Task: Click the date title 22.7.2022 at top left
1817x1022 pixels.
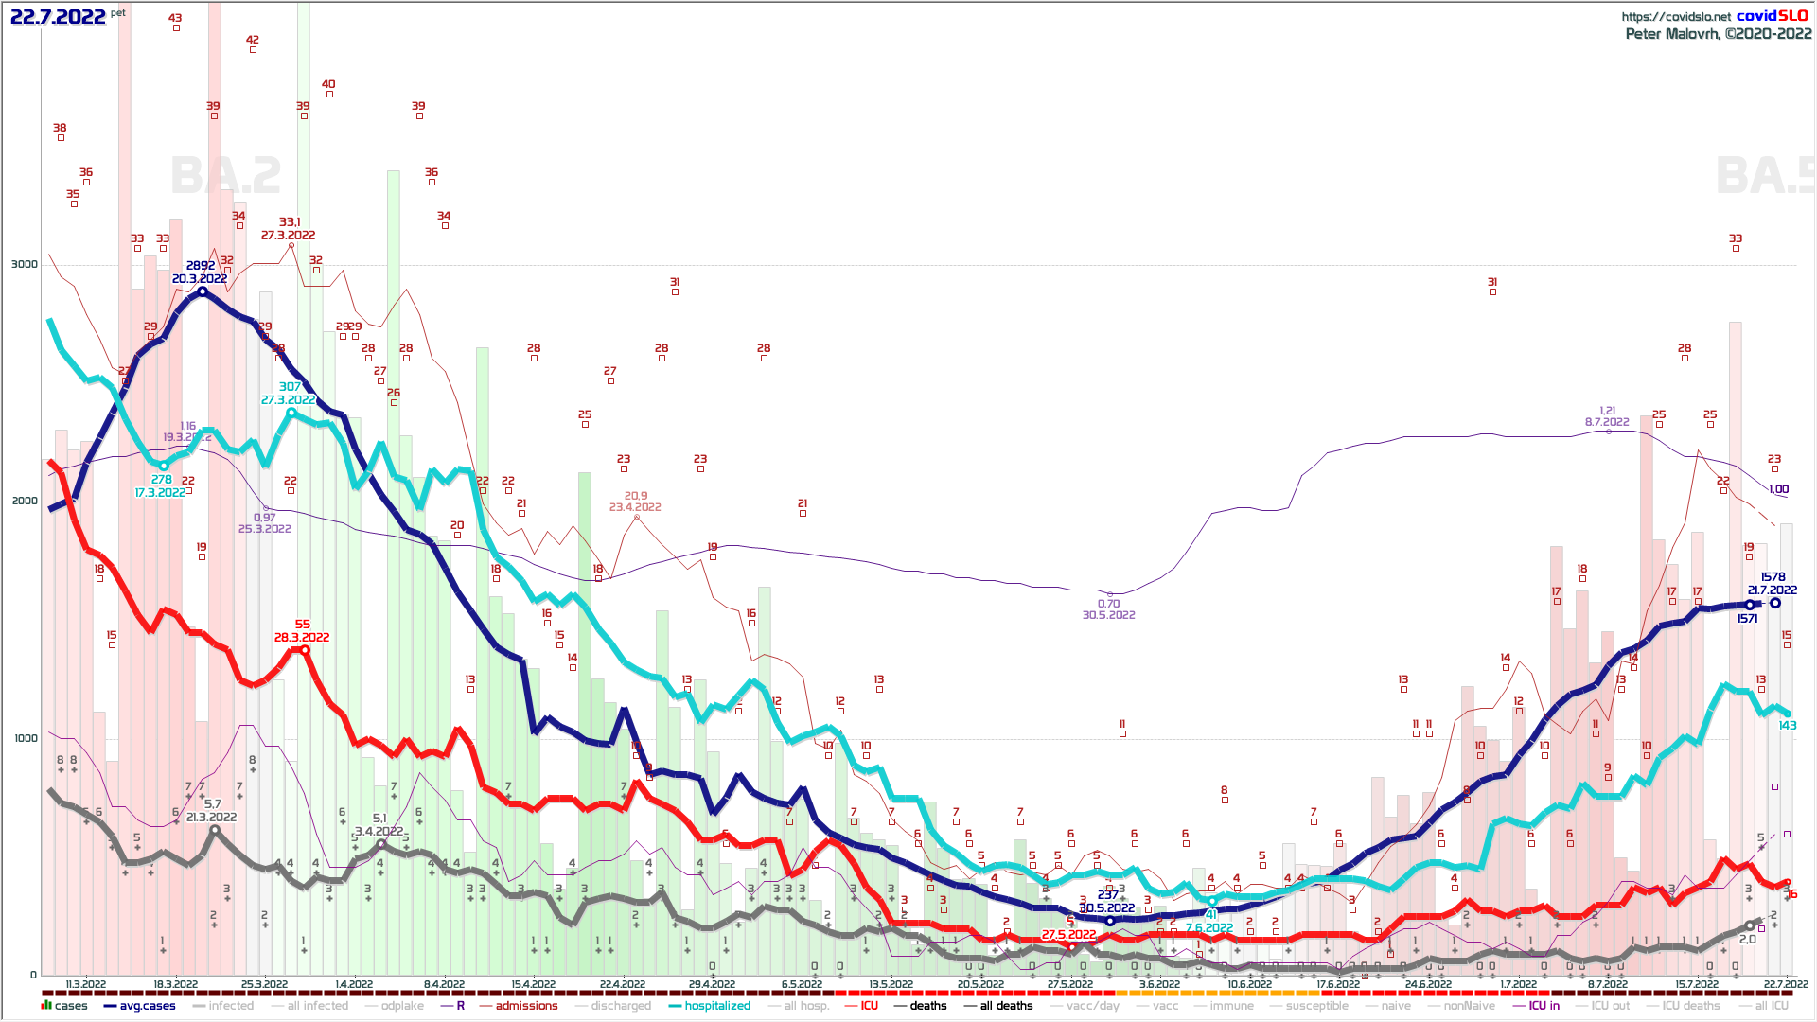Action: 58,16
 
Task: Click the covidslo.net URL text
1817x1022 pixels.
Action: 1675,16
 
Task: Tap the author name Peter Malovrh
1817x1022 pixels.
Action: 1671,34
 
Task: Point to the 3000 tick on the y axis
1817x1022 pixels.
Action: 25,264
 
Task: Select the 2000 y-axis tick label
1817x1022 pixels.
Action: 25,501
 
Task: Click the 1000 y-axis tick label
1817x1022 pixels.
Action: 25,738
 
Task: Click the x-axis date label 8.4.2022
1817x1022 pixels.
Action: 444,984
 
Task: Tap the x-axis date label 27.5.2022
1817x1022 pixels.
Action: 1070,984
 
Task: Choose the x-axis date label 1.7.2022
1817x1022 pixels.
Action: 1518,984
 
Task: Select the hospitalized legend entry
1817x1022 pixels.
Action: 716,1006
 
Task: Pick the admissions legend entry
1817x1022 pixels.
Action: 526,1006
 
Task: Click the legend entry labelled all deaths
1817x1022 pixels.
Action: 1006,1006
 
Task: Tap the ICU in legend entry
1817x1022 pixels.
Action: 1544,1006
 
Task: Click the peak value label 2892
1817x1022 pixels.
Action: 201,266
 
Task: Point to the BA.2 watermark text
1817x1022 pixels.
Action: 226,176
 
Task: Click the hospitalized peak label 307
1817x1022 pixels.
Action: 290,387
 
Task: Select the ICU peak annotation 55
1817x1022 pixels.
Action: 303,625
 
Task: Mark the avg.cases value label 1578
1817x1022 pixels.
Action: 1773,577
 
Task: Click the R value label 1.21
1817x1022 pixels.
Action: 1608,411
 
